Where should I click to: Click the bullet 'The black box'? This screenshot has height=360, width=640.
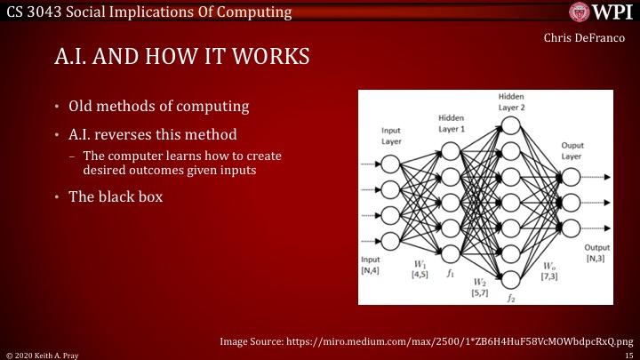pos(116,196)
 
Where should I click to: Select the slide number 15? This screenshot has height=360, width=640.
pos(629,354)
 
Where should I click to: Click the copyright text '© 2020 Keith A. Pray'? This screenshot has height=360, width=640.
pos(41,354)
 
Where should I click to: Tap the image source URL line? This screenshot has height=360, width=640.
pos(426,339)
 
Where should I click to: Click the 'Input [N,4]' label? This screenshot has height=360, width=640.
pos(371,265)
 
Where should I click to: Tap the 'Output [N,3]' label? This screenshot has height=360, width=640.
pos(596,252)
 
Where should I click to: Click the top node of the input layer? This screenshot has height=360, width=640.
pos(389,164)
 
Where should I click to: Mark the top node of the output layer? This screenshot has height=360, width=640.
pos(572,176)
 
